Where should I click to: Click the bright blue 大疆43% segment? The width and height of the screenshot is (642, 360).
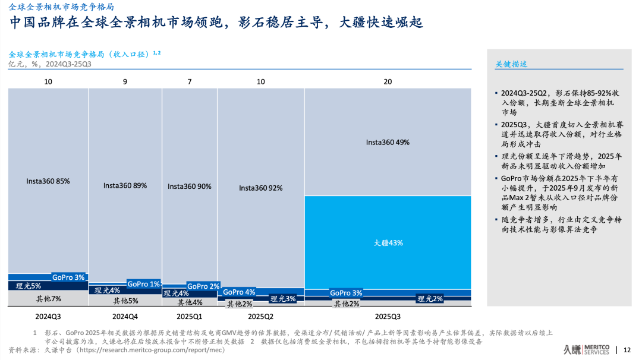pos(388,242)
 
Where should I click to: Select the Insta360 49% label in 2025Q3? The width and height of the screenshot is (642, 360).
pos(388,143)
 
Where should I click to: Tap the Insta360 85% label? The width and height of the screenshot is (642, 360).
pos(48,181)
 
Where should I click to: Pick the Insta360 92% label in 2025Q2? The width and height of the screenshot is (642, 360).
pos(260,188)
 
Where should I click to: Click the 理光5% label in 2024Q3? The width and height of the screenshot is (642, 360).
pos(29,286)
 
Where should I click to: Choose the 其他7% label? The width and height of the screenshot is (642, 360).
pos(48,299)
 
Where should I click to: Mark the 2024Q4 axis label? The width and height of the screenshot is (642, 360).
pos(125,317)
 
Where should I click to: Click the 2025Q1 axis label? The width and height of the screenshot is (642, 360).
pos(190,317)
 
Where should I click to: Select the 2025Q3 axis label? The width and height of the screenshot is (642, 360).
pos(388,317)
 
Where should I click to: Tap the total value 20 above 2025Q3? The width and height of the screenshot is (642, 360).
pos(388,81)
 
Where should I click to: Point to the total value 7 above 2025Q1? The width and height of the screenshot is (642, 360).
pos(190,81)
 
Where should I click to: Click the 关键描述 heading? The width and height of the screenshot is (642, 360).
pos(511,64)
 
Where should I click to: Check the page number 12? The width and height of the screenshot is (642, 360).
pos(627,350)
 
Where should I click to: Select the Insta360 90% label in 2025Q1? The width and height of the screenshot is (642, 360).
pos(190,186)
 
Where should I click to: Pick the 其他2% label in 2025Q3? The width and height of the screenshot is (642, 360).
pos(346,304)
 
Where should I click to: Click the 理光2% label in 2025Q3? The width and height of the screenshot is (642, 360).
pos(430,299)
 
